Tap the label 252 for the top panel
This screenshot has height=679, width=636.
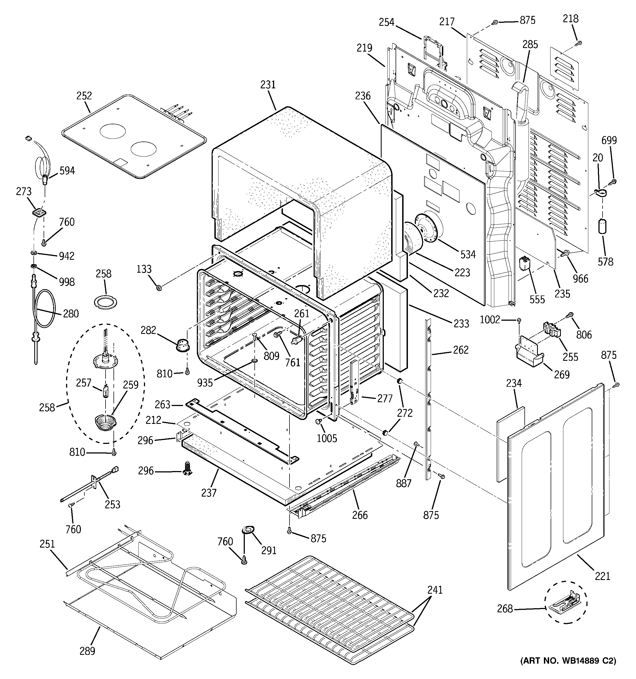[84, 96]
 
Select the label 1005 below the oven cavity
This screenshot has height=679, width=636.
[327, 438]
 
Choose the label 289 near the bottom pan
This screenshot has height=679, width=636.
[87, 651]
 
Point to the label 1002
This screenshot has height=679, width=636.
[490, 319]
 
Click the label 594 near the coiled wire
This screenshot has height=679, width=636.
[67, 170]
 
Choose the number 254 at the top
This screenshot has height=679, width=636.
[387, 22]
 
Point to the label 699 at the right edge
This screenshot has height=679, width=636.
[609, 140]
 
